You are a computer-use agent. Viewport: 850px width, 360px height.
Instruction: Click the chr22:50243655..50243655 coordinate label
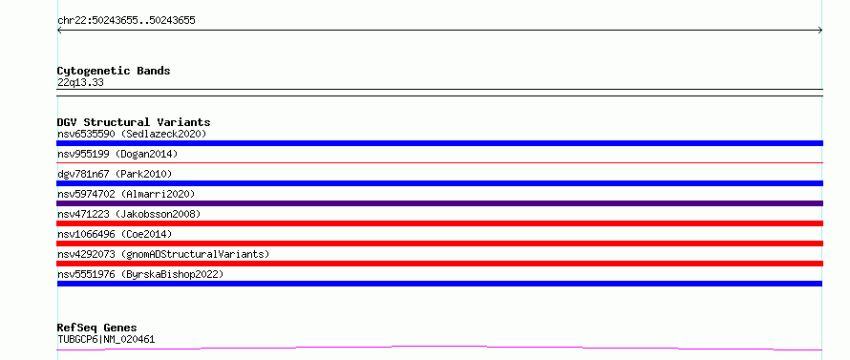click(126, 21)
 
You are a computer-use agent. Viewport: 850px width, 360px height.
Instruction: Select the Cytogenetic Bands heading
click(114, 71)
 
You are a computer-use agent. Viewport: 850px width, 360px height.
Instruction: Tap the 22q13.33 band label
click(80, 83)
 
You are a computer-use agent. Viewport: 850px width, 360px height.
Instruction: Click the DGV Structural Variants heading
click(134, 122)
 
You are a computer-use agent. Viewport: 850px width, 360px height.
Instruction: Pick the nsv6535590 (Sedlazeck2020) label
click(132, 134)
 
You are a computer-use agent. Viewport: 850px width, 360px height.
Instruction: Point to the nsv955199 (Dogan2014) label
click(117, 154)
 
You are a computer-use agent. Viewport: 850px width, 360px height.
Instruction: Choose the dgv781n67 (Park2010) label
click(115, 174)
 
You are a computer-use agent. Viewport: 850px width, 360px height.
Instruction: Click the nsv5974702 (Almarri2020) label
click(126, 194)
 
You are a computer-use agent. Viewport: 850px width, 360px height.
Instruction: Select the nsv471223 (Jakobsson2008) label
click(129, 214)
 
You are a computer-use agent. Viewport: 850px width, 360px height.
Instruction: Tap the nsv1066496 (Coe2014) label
click(115, 234)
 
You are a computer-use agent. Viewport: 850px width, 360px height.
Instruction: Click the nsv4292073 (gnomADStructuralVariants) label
click(163, 254)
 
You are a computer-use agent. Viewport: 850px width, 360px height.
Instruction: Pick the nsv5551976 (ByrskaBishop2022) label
click(140, 274)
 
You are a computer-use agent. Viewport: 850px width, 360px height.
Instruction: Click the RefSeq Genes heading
click(96, 328)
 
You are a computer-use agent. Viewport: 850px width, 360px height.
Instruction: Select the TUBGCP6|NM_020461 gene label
click(106, 340)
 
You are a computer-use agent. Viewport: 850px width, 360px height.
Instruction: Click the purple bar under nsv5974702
click(439, 203)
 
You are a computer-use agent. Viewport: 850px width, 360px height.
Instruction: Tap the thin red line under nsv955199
click(439, 162)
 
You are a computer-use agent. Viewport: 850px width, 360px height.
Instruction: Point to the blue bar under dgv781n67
click(439, 183)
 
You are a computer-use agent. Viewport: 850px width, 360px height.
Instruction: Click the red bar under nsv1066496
click(439, 244)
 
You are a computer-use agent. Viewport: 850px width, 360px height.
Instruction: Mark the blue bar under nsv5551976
click(439, 284)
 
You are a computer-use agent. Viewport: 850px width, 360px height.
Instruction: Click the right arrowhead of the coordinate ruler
click(821, 31)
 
